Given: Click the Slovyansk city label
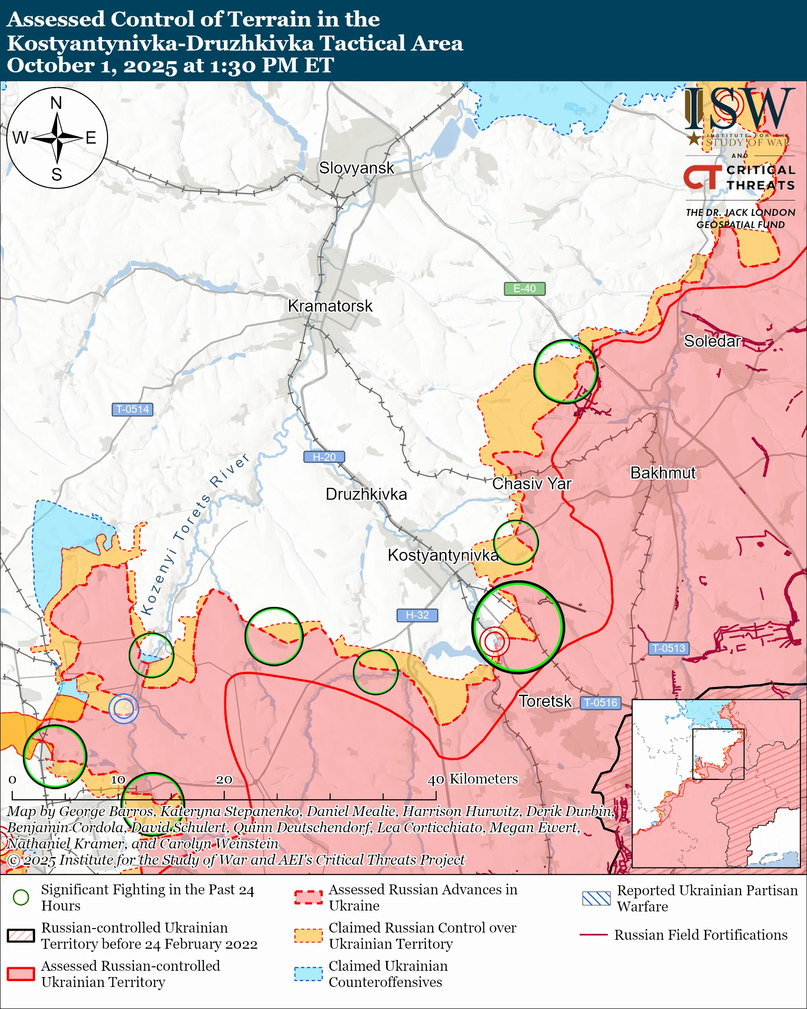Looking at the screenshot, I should coord(357,168).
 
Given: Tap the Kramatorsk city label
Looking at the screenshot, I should coord(330,306).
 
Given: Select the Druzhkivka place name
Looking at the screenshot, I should coord(366,494).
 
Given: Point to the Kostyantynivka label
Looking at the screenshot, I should coord(442,555).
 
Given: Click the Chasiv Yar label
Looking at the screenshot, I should coord(531,483).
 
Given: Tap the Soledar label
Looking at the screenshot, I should coord(712,341).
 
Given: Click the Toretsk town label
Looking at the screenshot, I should coord(545,701).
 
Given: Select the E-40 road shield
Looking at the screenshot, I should coord(524,289).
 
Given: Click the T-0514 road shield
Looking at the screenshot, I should coord(132,409).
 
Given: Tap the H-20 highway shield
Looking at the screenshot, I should coord(324,457).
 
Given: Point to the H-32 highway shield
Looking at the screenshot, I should coord(417,615).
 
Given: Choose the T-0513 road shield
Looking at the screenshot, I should coord(669,648).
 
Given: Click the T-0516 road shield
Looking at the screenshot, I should coord(601,702).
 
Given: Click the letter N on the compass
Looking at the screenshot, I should coord(56,103).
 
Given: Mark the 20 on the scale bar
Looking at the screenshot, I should coord(223,780).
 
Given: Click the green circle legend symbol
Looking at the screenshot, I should coord(21,897).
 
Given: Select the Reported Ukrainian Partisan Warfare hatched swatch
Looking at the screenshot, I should coord(596,898).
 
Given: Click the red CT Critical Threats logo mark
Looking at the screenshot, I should coord(702,177).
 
